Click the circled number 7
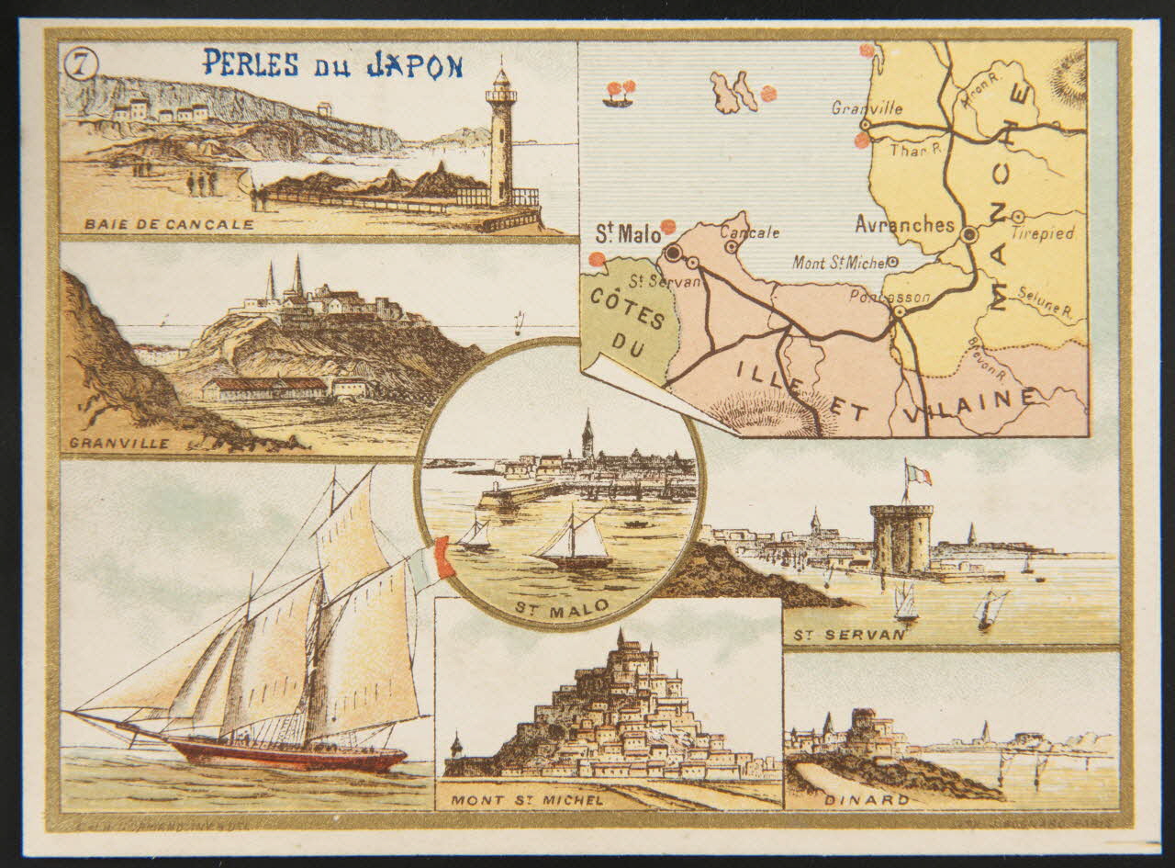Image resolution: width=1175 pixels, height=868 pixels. click(82, 64)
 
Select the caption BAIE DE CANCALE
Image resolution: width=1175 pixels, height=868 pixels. click(169, 224)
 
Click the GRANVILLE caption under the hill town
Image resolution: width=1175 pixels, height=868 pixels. click(118, 444)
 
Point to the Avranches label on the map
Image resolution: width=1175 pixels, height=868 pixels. click(904, 224)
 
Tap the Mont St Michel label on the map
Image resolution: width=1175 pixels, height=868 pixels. click(840, 264)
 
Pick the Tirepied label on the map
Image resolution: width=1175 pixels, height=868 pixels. click(1042, 233)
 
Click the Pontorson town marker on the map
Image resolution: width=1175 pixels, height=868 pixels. click(900, 311)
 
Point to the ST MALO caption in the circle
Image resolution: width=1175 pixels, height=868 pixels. click(554, 606)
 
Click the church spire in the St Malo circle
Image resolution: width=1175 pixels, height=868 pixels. click(587, 436)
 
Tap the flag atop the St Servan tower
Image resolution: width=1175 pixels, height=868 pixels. click(917, 473)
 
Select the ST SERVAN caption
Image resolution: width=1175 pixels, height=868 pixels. click(845, 634)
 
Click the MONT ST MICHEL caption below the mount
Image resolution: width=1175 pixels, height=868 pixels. click(527, 800)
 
